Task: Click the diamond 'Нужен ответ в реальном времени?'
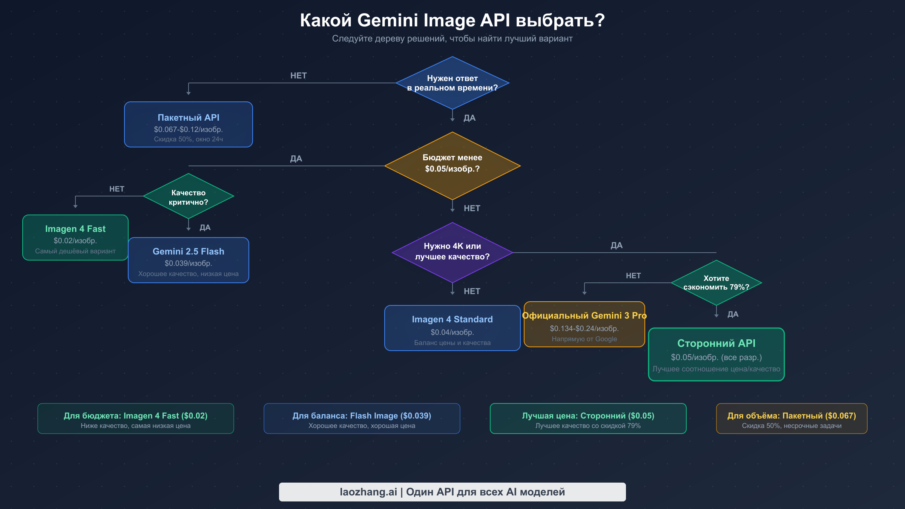click(452, 83)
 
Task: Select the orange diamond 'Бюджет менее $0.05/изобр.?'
click(452, 166)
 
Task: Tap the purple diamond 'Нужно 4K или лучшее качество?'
click(452, 252)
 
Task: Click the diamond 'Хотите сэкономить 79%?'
click(716, 283)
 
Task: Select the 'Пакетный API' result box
click(188, 124)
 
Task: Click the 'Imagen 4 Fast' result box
click(75, 238)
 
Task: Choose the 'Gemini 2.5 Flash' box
click(188, 260)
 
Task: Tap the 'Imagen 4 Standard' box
click(452, 328)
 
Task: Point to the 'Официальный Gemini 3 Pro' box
click(584, 325)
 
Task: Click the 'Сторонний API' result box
click(716, 354)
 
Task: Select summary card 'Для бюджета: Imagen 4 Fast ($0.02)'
click(135, 419)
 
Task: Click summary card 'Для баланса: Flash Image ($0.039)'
click(362, 419)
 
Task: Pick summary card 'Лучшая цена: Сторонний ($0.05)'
click(588, 419)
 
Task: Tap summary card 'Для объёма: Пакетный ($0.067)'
click(791, 419)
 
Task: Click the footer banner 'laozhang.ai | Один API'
click(452, 492)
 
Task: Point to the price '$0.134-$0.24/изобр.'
click(584, 328)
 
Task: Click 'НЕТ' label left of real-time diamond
click(298, 76)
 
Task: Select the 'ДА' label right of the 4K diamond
click(617, 245)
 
